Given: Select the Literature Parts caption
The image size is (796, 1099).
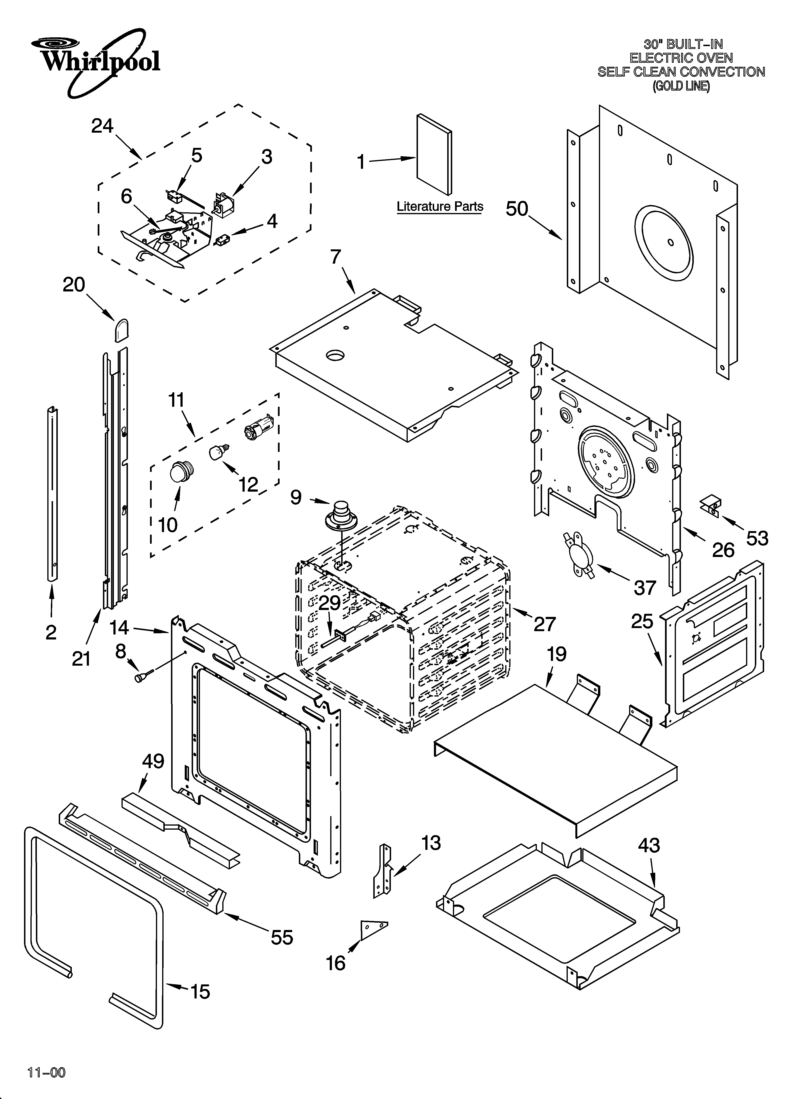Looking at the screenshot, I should click(440, 206).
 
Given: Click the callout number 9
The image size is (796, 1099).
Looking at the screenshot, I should click(296, 497).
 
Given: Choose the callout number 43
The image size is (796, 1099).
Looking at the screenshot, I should click(649, 846).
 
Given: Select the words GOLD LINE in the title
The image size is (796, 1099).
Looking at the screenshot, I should click(681, 86).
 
